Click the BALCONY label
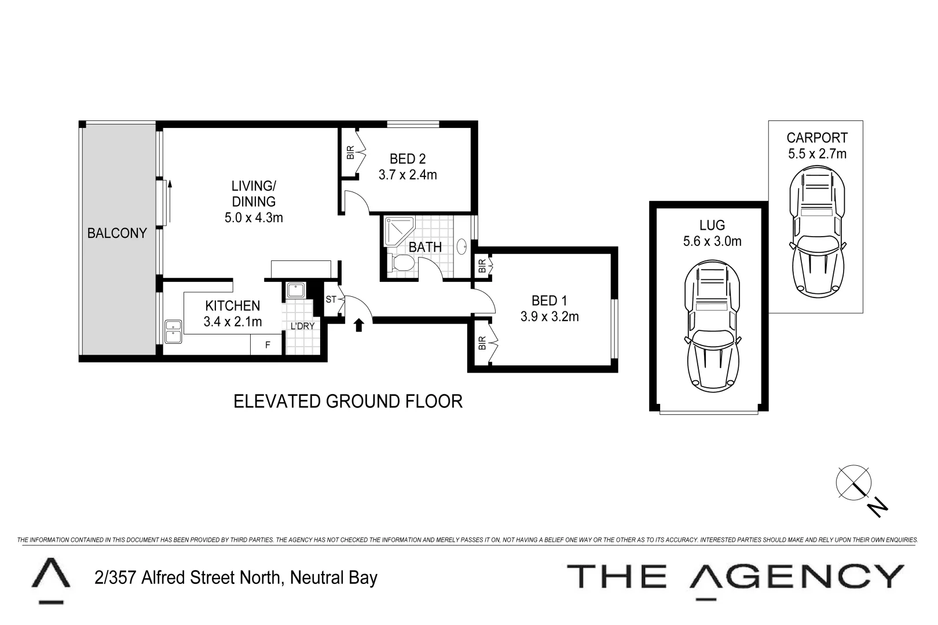click(116, 233)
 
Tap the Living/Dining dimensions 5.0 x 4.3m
click(254, 218)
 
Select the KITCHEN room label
click(233, 306)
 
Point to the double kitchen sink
click(173, 332)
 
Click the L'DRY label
click(302, 326)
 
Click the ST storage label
click(331, 300)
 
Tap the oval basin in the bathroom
click(463, 247)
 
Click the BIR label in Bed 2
click(350, 152)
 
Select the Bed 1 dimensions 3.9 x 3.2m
click(549, 317)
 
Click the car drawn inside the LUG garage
click(712, 327)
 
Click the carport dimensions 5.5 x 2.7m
click(816, 154)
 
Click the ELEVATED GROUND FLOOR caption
click(347, 401)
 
